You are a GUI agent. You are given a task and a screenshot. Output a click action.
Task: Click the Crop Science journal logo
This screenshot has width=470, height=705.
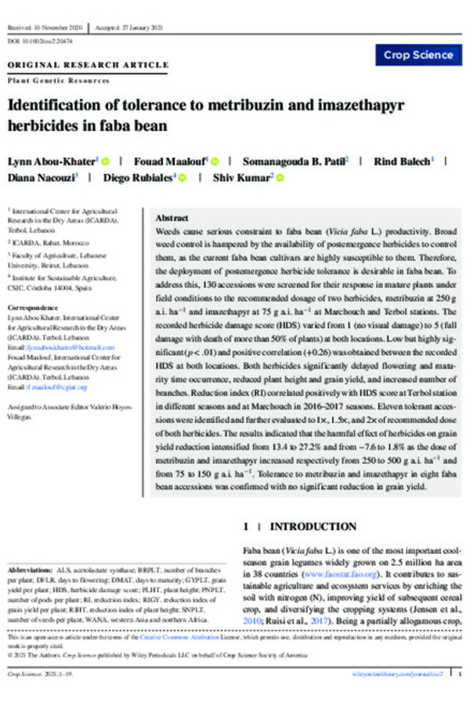point(419,55)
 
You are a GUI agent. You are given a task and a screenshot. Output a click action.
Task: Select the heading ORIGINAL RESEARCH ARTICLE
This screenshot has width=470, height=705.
point(88,64)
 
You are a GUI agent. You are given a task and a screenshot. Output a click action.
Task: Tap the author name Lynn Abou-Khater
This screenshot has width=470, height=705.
point(51,161)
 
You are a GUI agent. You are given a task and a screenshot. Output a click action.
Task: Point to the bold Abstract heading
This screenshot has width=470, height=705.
point(172,217)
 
